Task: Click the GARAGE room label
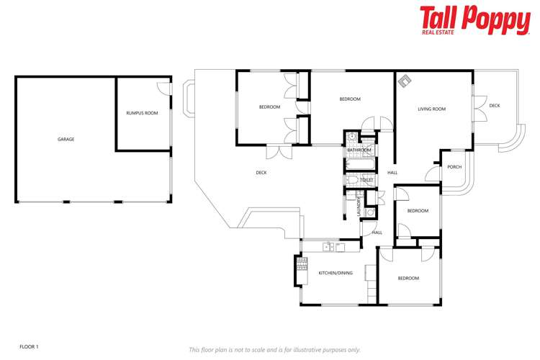66,139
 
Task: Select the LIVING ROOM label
432,109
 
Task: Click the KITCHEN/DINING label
336,273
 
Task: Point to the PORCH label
454,167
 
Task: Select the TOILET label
356,180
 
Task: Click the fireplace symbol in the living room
405,81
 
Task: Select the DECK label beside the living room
494,106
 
